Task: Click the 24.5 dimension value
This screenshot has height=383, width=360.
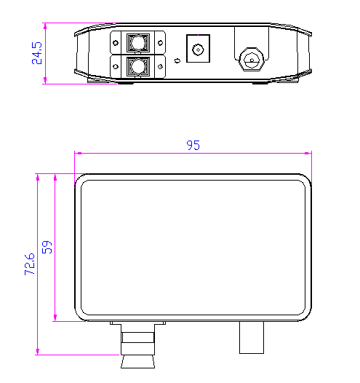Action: pyautogui.click(x=37, y=53)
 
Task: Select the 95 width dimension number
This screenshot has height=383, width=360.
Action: pyautogui.click(x=193, y=145)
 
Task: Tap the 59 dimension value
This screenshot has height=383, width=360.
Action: pyautogui.click(x=47, y=247)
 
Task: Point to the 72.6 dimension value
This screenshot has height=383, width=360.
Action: pyautogui.click(x=30, y=264)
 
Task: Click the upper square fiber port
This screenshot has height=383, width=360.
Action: pyautogui.click(x=137, y=42)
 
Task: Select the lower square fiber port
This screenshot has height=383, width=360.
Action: pyautogui.click(x=137, y=66)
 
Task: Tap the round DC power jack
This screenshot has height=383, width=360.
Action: pyautogui.click(x=198, y=50)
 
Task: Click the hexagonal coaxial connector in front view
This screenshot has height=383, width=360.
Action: pyautogui.click(x=252, y=60)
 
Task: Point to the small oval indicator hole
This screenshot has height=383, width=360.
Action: pyautogui.click(x=177, y=60)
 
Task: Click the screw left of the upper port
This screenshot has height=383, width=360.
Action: pyautogui.click(x=116, y=43)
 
